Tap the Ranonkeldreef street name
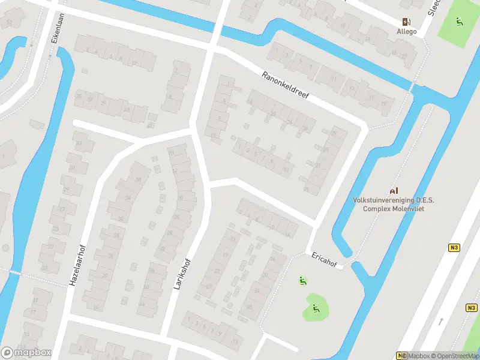pos(284,86)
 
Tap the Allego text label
pos(406,32)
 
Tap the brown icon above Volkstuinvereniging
pos(394,190)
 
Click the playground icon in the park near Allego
pos(460,23)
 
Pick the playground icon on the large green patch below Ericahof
pos(316,310)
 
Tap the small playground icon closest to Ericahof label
pos(302,280)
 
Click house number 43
pos(126,110)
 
